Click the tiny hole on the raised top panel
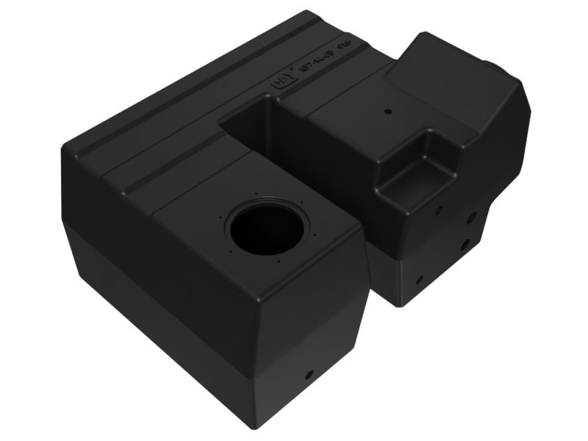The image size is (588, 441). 388,112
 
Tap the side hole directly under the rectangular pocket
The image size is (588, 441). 439,209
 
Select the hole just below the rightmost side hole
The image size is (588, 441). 465,243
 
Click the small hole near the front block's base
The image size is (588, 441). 309,374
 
